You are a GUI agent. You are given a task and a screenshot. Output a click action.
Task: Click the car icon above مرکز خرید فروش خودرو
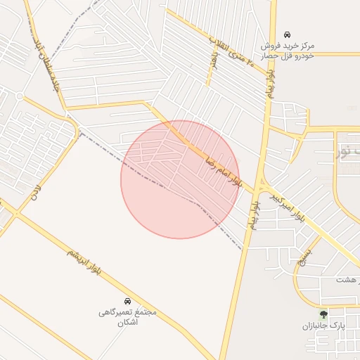click(287, 34)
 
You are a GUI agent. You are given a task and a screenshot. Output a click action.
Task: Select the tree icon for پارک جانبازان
click(323, 314)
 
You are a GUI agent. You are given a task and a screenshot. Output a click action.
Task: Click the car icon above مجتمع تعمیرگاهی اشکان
click(127, 300)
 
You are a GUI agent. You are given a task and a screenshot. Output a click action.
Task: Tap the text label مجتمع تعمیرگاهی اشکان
click(127, 316)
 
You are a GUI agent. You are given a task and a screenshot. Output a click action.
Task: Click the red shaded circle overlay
click(180, 179)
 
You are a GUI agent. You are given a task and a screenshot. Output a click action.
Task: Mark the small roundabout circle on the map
click(20, 96)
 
